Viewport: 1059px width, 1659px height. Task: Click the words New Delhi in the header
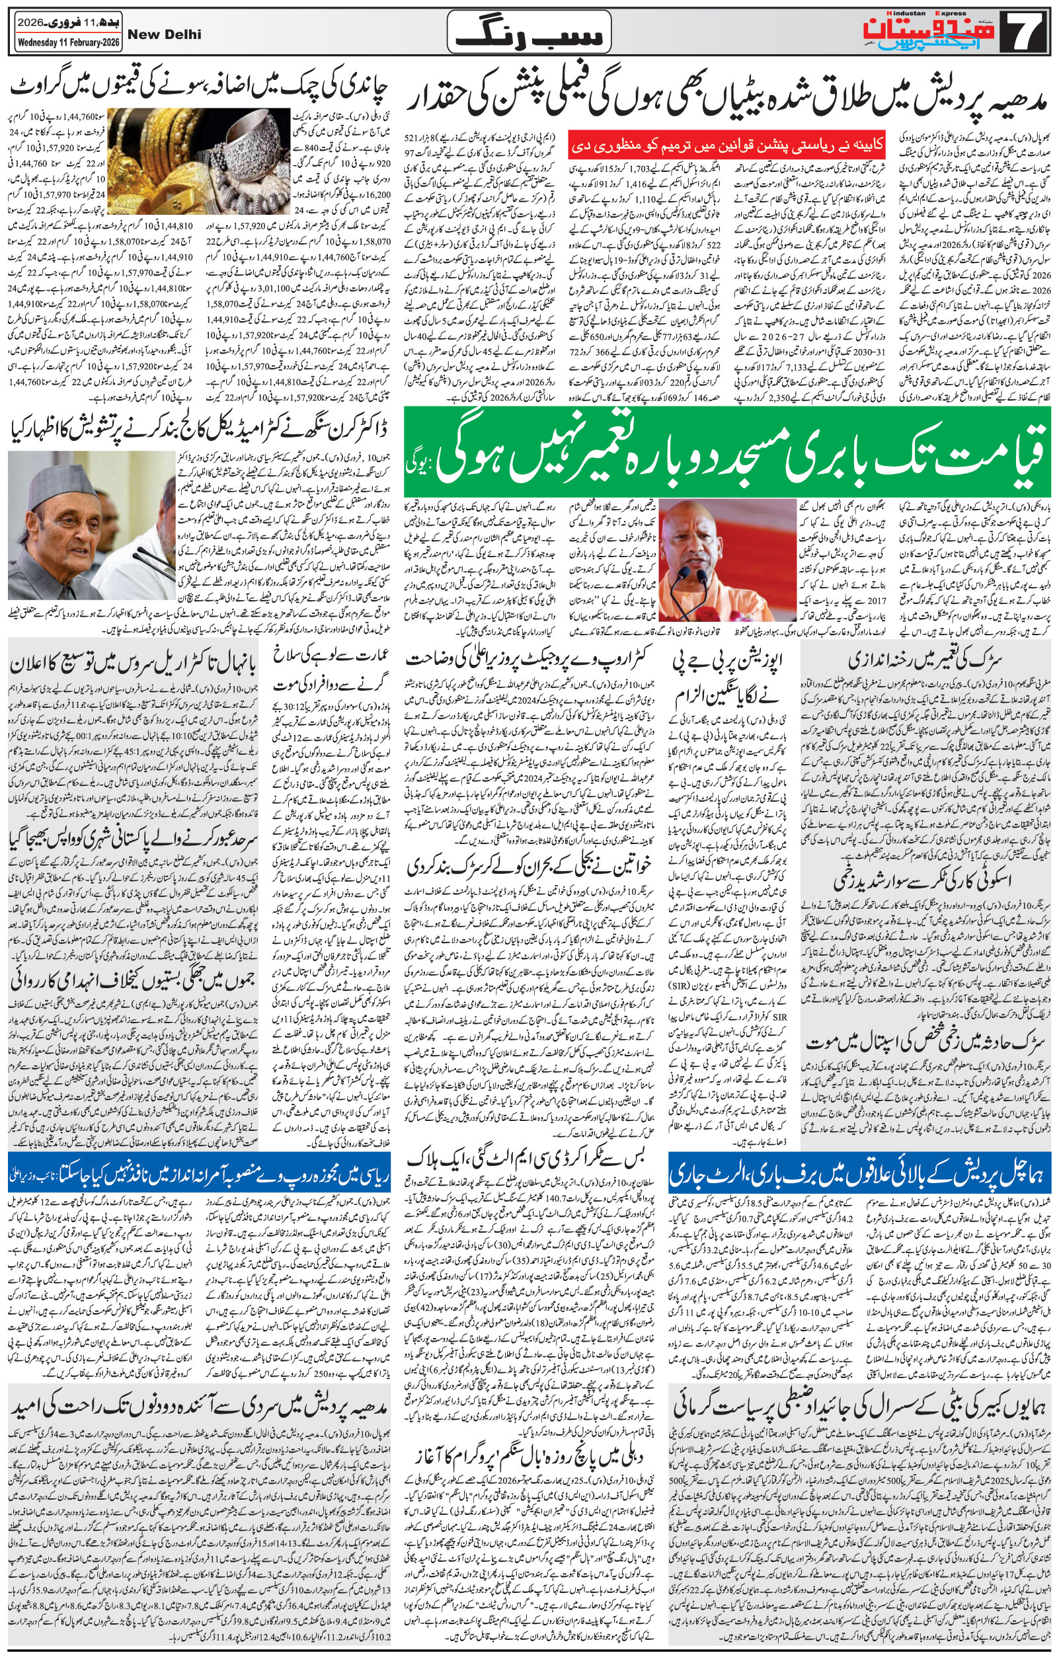(x=165, y=35)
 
